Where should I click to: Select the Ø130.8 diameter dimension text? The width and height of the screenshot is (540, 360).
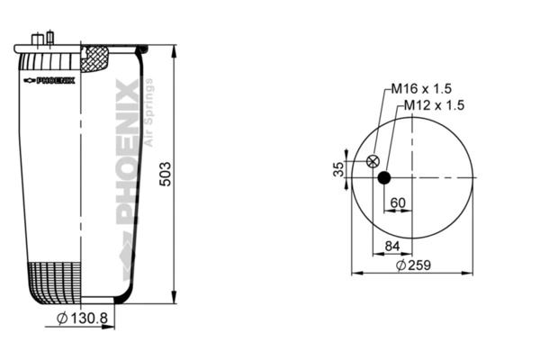(x=84, y=318)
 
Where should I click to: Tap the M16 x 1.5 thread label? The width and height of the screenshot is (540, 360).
(x=420, y=89)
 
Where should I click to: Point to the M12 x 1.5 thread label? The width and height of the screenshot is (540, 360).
(x=433, y=105)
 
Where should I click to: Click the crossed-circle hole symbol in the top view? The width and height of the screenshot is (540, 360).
(x=373, y=162)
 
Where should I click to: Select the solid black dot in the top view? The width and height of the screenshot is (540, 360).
(x=384, y=177)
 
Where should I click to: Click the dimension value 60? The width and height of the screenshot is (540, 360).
(x=397, y=202)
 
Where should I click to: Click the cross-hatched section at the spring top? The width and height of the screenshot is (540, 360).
(x=94, y=59)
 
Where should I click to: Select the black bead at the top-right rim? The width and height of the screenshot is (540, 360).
(x=141, y=46)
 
